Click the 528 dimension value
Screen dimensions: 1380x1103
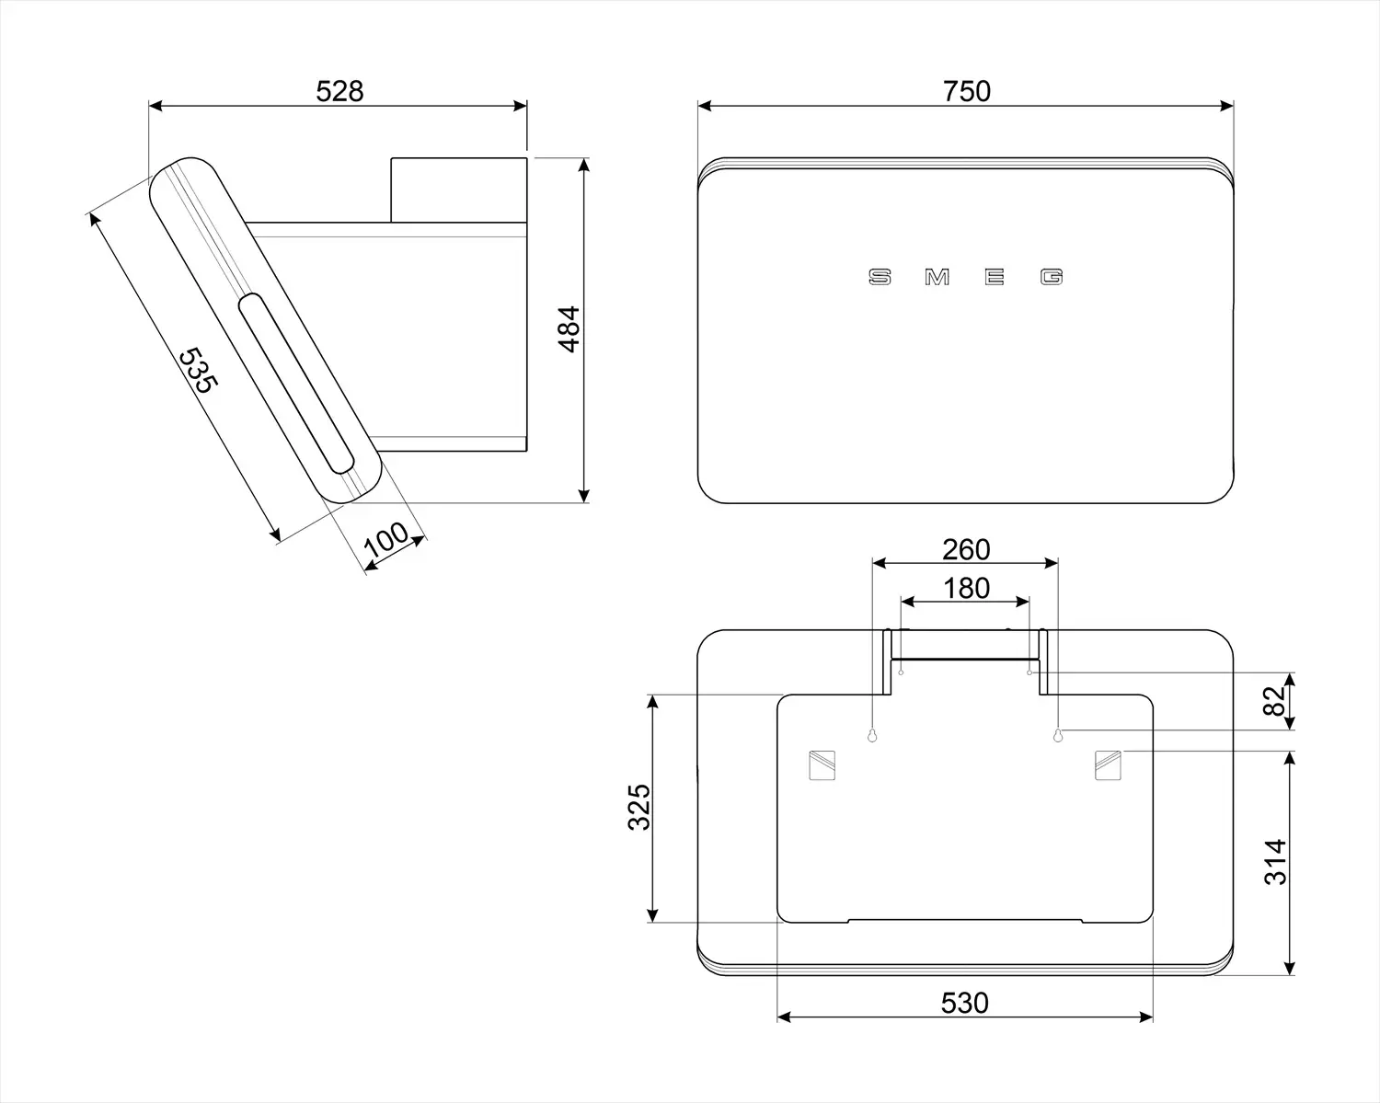tap(339, 91)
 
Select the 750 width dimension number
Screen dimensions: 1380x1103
tap(966, 91)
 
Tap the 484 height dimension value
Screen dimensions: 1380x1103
tap(569, 329)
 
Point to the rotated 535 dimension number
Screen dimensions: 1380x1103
tap(198, 370)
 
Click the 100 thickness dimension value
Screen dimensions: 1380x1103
tap(385, 540)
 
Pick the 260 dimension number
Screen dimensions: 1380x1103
tap(966, 549)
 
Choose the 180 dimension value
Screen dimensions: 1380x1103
tap(966, 588)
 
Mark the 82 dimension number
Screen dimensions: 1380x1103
tap(1275, 701)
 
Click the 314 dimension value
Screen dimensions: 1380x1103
tap(1275, 862)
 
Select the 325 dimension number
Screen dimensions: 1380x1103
tap(639, 808)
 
